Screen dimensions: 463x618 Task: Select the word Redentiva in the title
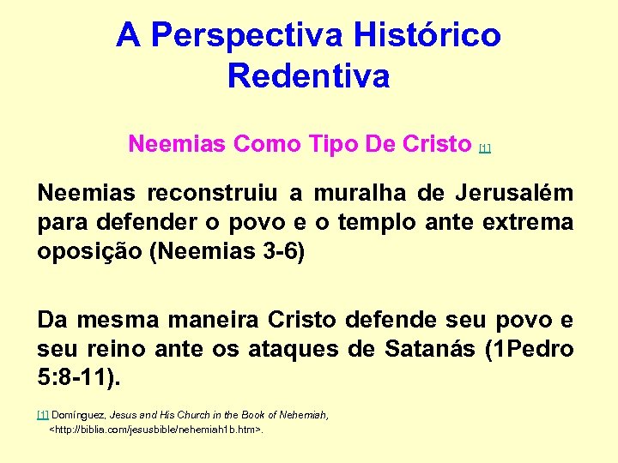[308, 76]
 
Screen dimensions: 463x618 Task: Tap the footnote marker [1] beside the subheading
[485, 148]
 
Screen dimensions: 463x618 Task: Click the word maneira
[204, 320]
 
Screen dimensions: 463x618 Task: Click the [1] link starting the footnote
[43, 415]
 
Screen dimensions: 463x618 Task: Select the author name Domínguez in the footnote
[80, 415]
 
